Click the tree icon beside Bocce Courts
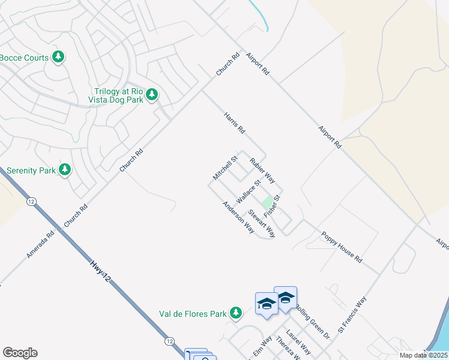click(x=58, y=57)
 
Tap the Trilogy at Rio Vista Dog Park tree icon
click(x=152, y=94)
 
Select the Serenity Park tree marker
click(x=65, y=170)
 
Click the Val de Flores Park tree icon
click(x=237, y=313)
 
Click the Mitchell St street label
click(x=226, y=167)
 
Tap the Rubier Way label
click(x=262, y=170)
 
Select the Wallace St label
click(x=249, y=191)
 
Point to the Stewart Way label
click(x=262, y=223)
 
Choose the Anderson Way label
click(x=238, y=217)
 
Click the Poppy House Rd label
click(x=342, y=247)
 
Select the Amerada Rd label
click(x=40, y=245)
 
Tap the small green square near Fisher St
click(x=267, y=202)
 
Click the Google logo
click(x=20, y=353)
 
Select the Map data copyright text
click(x=420, y=355)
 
